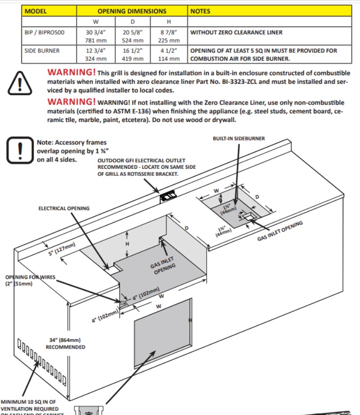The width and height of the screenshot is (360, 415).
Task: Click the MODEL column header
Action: point(36,11)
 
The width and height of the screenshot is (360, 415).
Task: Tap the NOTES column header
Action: point(200,11)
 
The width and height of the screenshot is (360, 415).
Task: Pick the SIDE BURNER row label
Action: point(42,51)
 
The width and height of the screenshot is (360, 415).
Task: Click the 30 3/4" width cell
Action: point(94,32)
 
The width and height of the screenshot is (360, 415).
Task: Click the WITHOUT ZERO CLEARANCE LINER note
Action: point(236,32)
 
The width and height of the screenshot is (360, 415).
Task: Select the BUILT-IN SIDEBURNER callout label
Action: point(239,139)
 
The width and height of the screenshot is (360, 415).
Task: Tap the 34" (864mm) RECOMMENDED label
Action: point(65,343)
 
